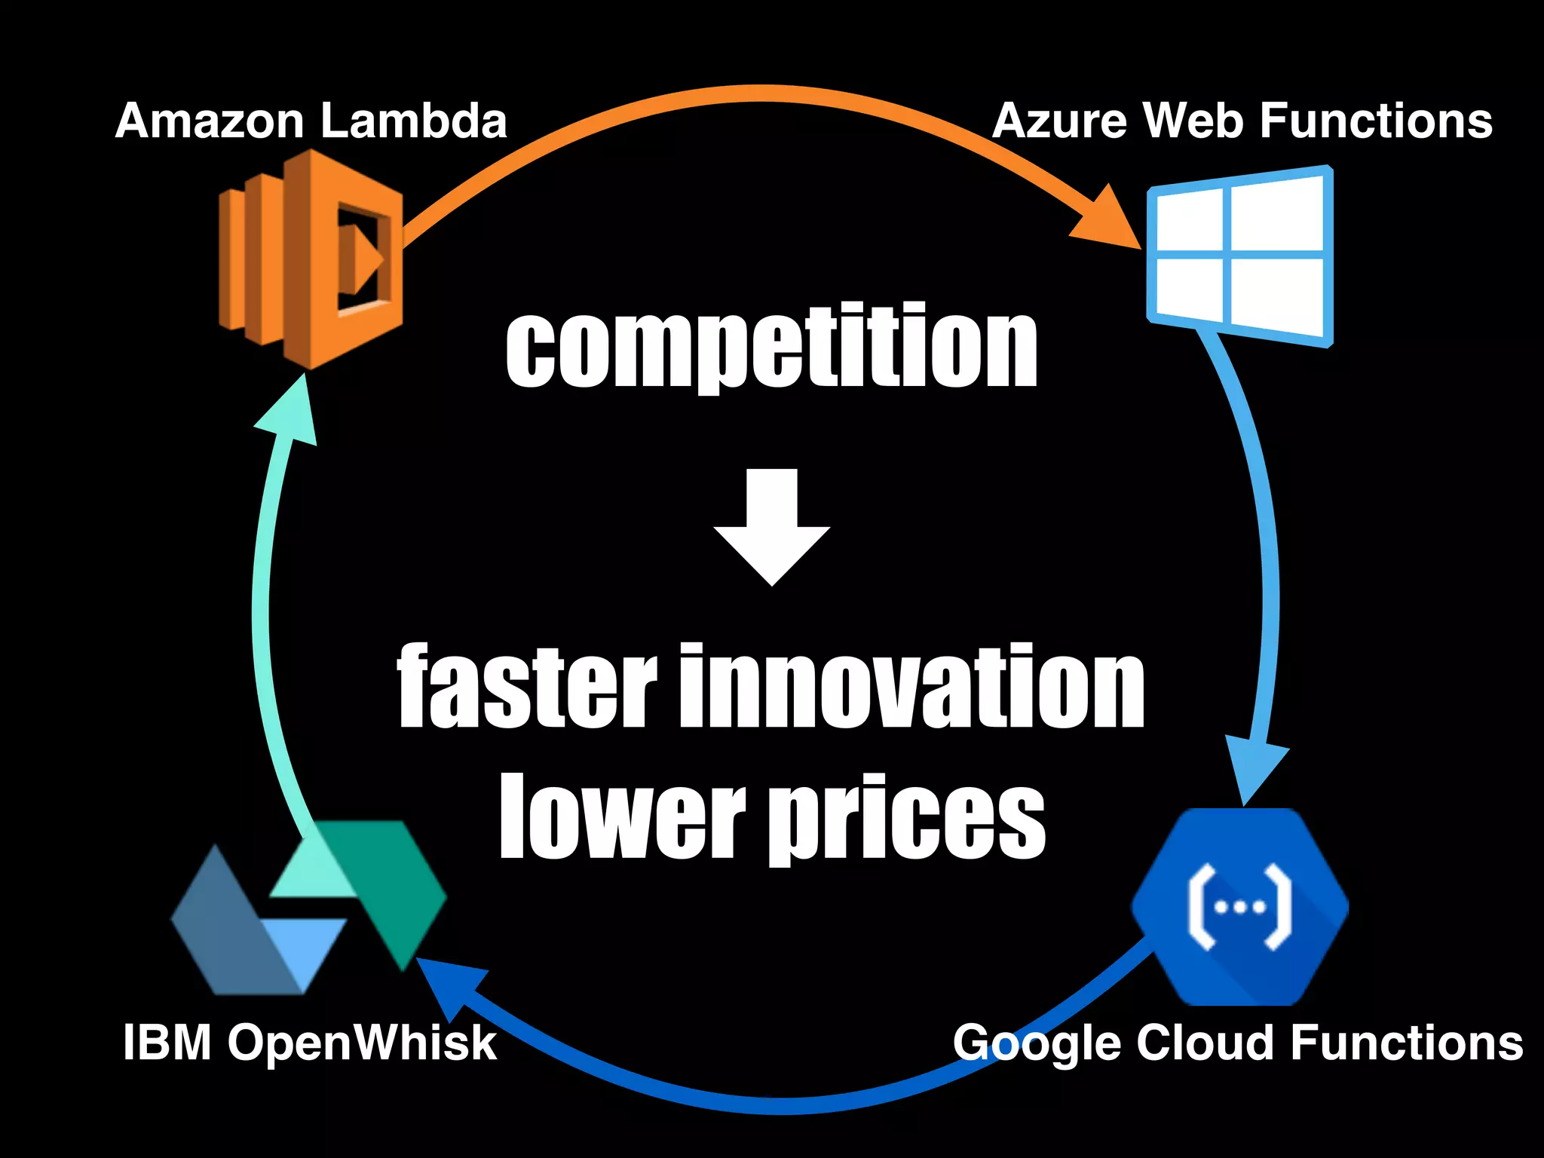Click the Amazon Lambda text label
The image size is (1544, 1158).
311,121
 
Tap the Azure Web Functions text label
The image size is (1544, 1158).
1242,121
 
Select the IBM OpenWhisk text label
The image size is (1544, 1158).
310,1043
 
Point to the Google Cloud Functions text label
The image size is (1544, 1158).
1238,1043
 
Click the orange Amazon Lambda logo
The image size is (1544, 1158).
311,258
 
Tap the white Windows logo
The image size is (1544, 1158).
1240,256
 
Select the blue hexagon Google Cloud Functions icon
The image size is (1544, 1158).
1240,907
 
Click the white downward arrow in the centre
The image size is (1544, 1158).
772,527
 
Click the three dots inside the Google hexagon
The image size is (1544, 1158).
1240,908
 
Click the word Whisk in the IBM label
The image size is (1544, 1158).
425,1043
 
